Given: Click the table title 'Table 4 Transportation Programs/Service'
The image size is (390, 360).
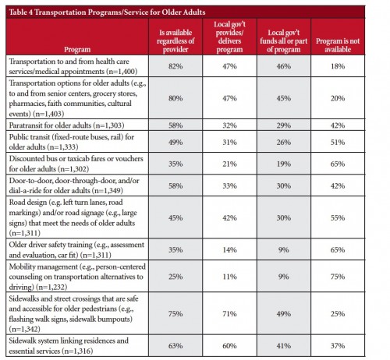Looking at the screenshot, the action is [x=107, y=12].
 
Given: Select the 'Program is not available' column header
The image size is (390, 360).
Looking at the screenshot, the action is [x=338, y=45].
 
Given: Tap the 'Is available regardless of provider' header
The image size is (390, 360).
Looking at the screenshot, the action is [x=175, y=41].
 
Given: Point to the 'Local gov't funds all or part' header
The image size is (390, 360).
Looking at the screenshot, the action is [x=284, y=41].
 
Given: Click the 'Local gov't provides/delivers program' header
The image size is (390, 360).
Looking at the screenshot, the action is [x=229, y=37].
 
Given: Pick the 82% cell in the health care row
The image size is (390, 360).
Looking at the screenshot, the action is [x=175, y=66].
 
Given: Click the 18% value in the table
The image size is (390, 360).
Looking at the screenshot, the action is [x=338, y=66].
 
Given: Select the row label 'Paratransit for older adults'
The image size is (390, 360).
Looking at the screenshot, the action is [x=66, y=125].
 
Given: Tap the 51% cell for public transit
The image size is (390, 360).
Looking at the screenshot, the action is [x=338, y=143].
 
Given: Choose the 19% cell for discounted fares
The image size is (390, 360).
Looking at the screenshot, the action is [x=284, y=164].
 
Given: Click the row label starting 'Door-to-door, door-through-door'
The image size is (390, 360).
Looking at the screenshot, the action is [x=74, y=185].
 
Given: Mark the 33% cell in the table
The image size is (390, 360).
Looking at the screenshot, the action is [x=229, y=186].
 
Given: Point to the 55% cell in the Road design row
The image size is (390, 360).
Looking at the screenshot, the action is [x=338, y=217].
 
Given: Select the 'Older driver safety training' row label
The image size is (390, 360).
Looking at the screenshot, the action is [x=76, y=249].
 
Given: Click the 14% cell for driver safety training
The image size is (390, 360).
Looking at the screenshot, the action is [x=229, y=250].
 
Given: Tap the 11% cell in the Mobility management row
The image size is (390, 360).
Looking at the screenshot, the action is [x=229, y=277].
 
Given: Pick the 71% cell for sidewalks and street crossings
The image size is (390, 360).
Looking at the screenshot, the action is [x=229, y=314].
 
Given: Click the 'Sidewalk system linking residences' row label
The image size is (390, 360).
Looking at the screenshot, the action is [x=69, y=346].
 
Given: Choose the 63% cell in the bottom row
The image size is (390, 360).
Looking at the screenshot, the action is [x=175, y=346].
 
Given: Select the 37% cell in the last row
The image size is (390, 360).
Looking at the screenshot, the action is [x=338, y=346].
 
